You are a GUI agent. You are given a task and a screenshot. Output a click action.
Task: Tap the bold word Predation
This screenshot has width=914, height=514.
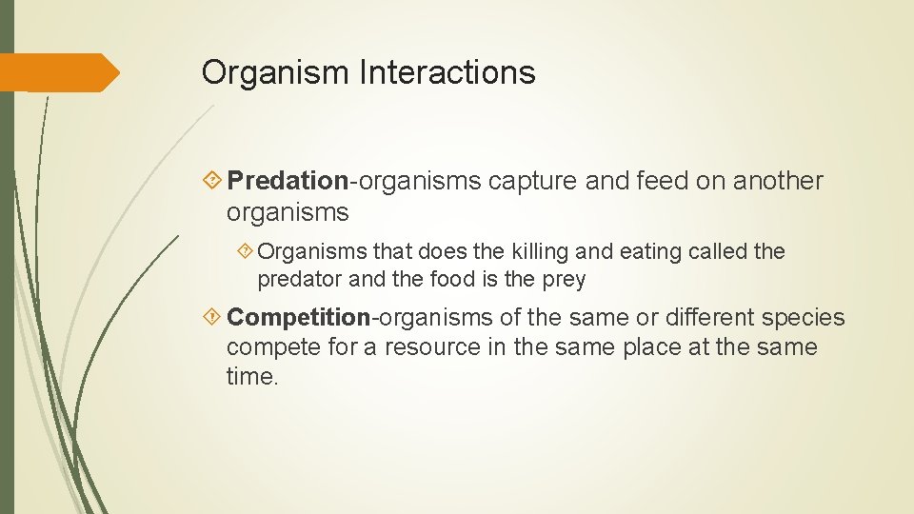point(288,181)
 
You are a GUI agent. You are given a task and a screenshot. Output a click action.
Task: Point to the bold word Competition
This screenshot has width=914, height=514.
point(298,317)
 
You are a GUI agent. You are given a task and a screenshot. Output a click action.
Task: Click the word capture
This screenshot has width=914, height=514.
point(532,181)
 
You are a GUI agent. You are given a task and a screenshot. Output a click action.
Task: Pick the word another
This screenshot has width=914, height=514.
point(778,181)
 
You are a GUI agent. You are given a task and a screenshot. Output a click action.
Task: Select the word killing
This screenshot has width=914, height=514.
point(546,252)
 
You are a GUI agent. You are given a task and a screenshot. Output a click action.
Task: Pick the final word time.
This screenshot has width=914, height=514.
point(252,377)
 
